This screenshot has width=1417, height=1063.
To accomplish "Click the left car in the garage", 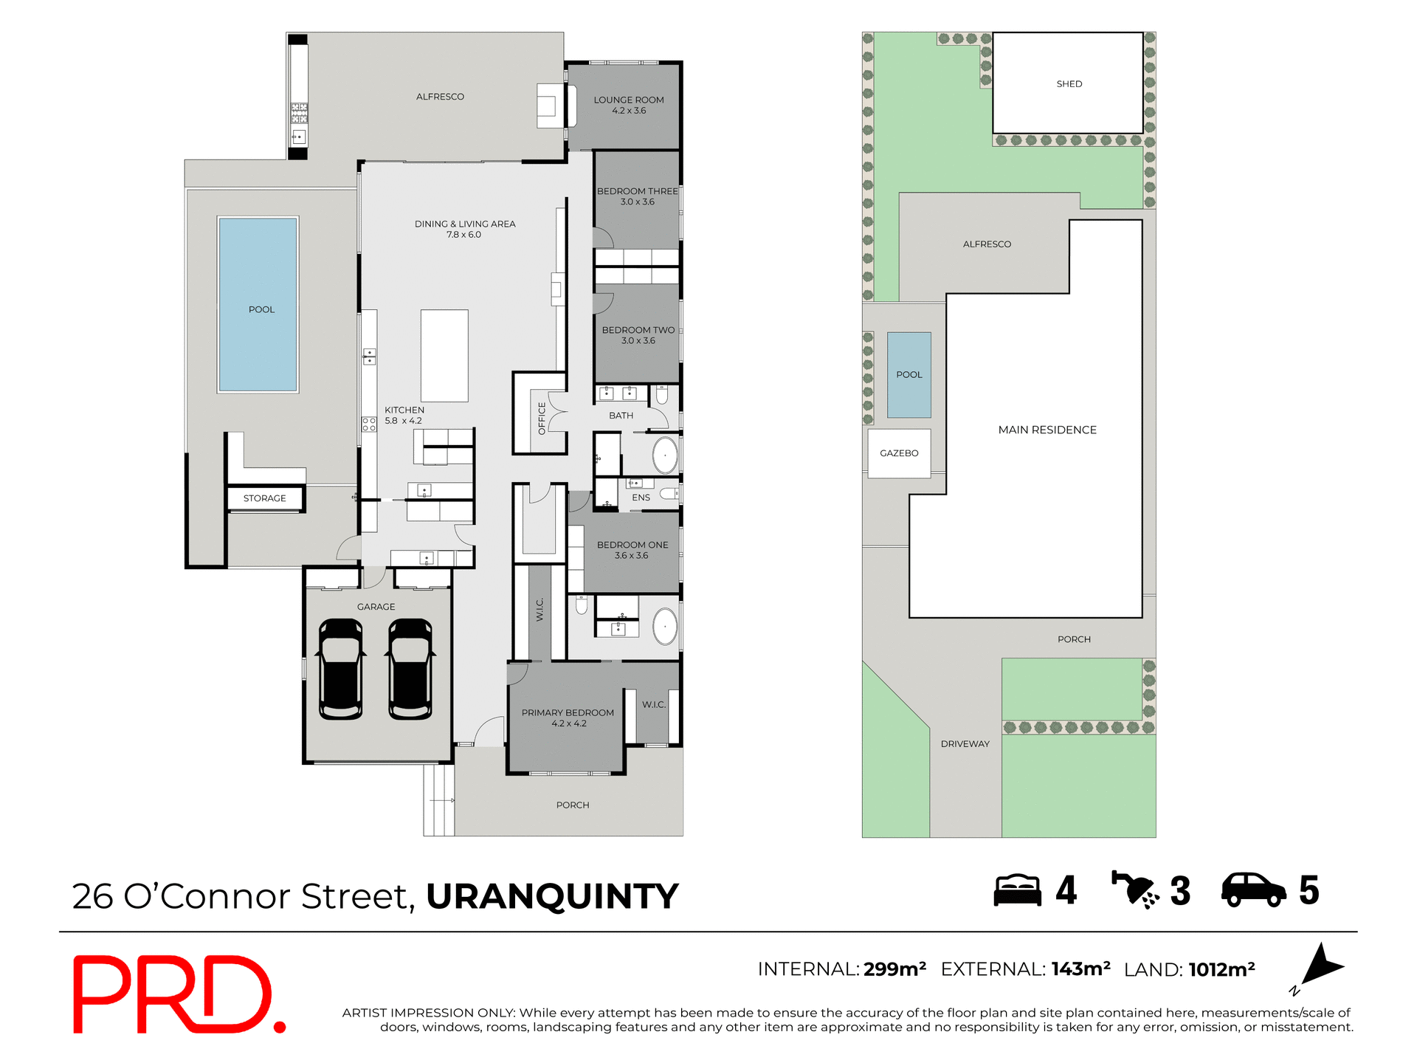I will [x=340, y=669].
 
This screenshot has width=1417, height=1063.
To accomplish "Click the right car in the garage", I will [x=410, y=669].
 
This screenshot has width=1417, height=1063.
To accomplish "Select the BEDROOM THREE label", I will [x=637, y=191].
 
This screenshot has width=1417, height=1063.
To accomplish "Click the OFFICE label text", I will [x=542, y=418].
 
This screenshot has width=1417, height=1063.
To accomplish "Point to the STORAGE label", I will [x=264, y=498].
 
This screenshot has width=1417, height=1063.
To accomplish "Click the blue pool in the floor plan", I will [x=258, y=303].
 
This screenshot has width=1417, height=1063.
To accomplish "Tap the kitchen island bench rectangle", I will [x=444, y=355].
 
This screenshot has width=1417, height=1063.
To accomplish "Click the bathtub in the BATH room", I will [x=665, y=456].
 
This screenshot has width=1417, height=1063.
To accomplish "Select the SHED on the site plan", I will [x=1068, y=83].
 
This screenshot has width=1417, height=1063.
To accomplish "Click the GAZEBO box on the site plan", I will [x=899, y=453].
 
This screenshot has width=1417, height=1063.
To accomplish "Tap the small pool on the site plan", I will [x=909, y=374].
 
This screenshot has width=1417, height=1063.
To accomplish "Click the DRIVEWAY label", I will [x=965, y=743].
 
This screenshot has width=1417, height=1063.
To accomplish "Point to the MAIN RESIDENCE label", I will [x=1047, y=430].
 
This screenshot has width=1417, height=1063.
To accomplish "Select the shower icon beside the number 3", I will [x=1135, y=890].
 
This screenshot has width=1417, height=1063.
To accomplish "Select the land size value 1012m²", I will [x=1221, y=969].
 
